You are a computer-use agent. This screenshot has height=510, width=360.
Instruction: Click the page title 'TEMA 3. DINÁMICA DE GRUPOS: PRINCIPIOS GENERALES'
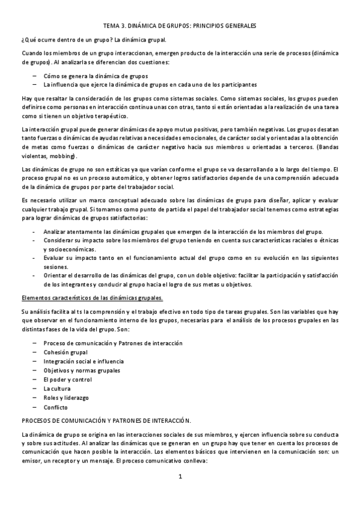tap(180, 26)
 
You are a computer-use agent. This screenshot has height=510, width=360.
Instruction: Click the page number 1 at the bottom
tap(180, 477)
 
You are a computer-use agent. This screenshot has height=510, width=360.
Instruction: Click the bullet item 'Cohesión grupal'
tap(66, 352)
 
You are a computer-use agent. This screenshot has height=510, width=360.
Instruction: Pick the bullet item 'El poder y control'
tap(67, 380)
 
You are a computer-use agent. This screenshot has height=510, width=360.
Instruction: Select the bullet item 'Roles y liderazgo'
tap(66, 398)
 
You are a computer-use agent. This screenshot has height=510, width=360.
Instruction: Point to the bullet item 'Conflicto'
tap(55, 407)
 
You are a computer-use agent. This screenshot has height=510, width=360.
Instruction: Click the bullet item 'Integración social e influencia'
tap(84, 361)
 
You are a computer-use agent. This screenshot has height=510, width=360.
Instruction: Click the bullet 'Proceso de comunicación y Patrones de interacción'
tap(113, 343)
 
